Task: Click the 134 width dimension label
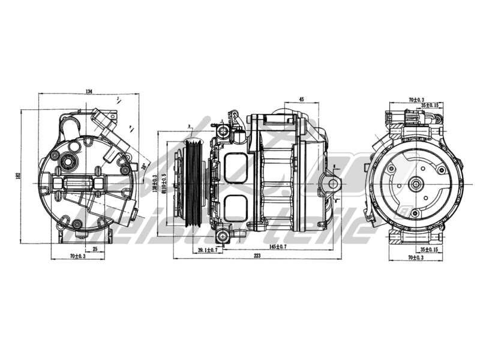(89, 91)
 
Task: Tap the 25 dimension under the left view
(95, 249)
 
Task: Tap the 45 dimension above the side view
(301, 99)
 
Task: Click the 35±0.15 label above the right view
(430, 106)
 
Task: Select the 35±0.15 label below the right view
(430, 248)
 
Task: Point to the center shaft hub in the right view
(416, 184)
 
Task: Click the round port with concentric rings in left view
(68, 161)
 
